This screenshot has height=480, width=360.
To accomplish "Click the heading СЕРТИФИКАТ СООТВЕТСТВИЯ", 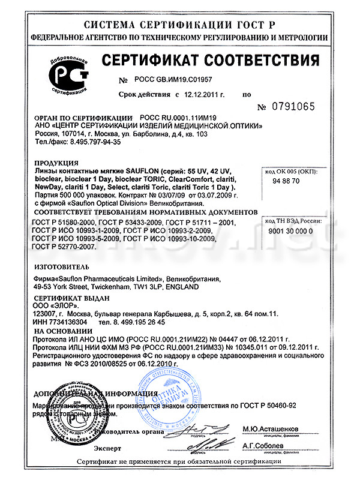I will point(209,61).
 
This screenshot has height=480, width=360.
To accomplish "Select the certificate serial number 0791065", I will point(293,106).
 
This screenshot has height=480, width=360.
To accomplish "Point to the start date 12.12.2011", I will point(202,94).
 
